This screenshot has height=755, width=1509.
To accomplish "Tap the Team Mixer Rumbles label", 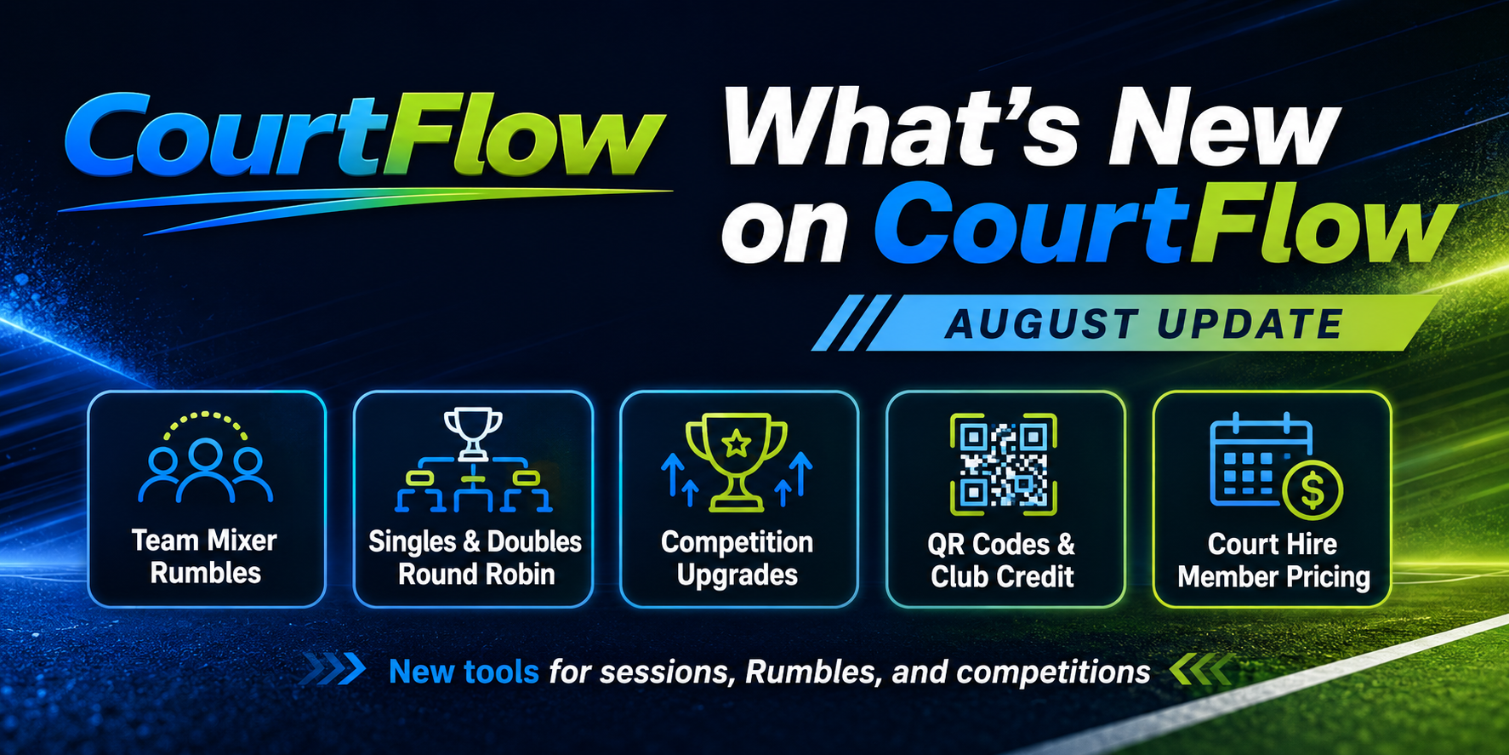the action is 205,557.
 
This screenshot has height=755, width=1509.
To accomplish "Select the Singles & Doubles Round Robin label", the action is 475,558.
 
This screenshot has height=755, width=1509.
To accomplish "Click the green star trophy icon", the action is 737,462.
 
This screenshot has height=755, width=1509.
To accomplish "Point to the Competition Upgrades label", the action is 737,558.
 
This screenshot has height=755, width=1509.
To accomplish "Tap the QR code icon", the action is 1004,464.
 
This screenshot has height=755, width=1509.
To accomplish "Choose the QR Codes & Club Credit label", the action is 1002,560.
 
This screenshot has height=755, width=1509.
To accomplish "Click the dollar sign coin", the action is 1313,491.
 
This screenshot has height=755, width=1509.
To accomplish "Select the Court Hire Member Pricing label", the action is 1273,560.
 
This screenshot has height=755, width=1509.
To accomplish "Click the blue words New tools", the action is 464,672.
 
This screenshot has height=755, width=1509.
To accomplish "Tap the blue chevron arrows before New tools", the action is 333,670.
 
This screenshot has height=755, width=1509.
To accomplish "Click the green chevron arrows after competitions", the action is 1200,670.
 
